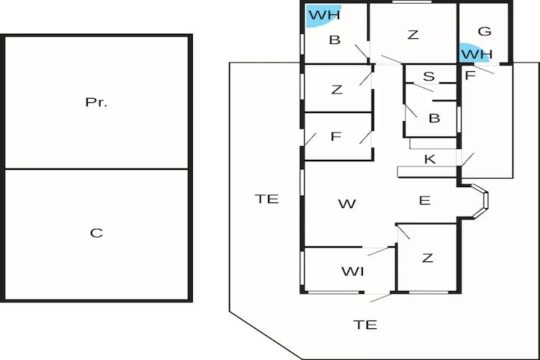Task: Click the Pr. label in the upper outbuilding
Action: click(96, 102)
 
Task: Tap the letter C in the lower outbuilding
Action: click(96, 233)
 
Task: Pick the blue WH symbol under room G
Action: click(475, 53)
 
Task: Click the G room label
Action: click(485, 31)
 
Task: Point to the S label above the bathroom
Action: click(429, 76)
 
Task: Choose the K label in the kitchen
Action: click(430, 159)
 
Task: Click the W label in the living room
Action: click(347, 204)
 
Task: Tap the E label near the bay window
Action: click(425, 200)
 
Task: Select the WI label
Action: click(352, 271)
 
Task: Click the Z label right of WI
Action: click(428, 258)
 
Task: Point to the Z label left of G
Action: click(413, 34)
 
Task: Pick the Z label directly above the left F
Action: click(337, 89)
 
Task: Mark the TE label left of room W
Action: click(266, 199)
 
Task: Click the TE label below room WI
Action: click(366, 325)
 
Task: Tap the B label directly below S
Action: click(434, 118)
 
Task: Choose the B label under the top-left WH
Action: click(335, 40)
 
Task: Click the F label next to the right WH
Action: click(471, 74)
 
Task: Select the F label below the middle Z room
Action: click(336, 136)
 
